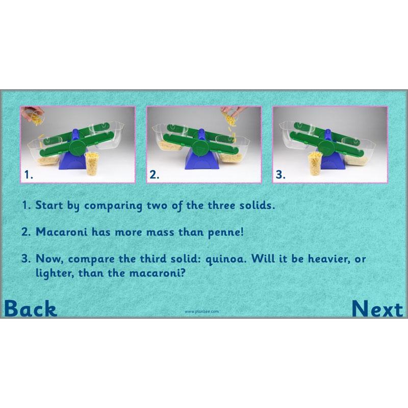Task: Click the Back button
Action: click(31, 309)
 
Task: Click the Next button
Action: click(377, 309)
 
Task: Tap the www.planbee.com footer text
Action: click(201, 311)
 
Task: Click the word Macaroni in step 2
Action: click(58, 232)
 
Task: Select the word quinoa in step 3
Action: click(224, 258)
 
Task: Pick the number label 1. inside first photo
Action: click(29, 174)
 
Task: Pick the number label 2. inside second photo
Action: click(155, 174)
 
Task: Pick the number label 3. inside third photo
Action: click(280, 174)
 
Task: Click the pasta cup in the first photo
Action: click(92, 163)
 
